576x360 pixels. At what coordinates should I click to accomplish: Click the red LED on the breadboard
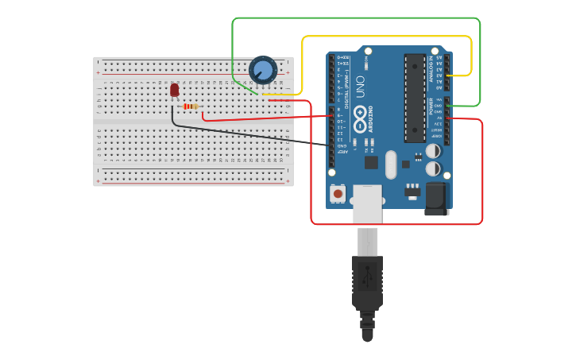tap(175, 90)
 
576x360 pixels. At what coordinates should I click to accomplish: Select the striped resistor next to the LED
tap(191, 106)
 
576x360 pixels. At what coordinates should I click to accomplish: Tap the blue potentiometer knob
tap(263, 70)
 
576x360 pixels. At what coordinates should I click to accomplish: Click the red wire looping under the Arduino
tap(397, 224)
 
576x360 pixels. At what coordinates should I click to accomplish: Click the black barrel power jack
tap(436, 199)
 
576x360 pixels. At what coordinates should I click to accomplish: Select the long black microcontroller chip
tap(414, 98)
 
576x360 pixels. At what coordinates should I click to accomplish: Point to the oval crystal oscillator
tap(390, 165)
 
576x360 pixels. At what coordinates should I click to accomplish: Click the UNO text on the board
tap(359, 87)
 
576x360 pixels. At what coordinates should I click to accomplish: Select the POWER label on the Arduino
tap(431, 105)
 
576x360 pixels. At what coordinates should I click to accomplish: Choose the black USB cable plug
tap(367, 282)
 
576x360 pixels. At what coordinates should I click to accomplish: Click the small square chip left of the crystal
tap(371, 162)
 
